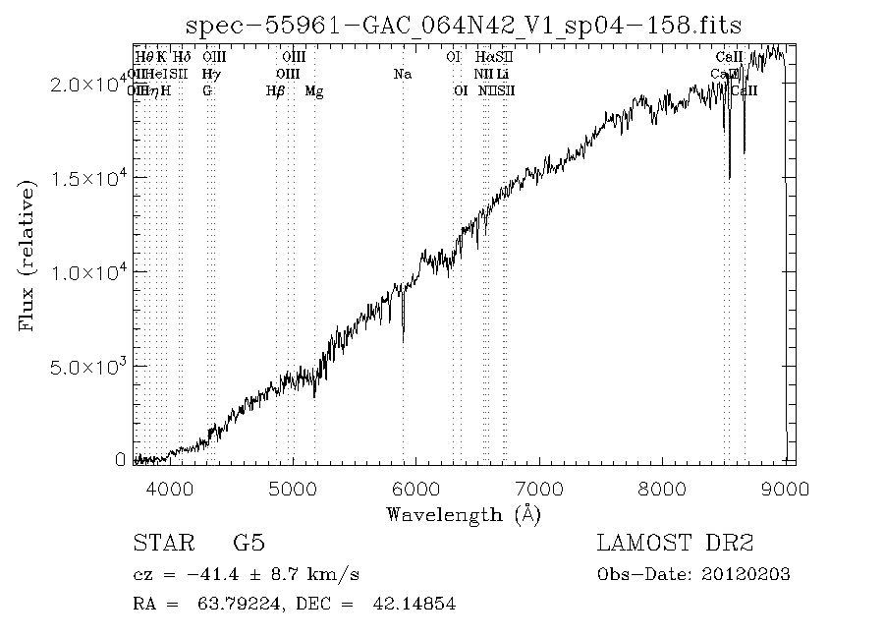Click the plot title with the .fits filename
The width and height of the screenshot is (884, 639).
point(463,25)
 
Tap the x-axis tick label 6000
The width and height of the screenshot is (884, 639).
point(416,489)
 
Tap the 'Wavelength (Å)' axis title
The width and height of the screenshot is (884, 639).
point(463,513)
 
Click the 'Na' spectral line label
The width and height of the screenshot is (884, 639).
point(402,74)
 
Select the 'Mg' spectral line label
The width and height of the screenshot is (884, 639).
point(314,91)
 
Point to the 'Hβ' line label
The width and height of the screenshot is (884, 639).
point(276,91)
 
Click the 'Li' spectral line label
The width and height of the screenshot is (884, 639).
point(502,74)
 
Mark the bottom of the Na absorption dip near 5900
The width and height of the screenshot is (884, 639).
point(403,340)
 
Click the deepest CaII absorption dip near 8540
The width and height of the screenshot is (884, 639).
point(729,177)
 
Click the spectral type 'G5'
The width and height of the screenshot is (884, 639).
point(249,543)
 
